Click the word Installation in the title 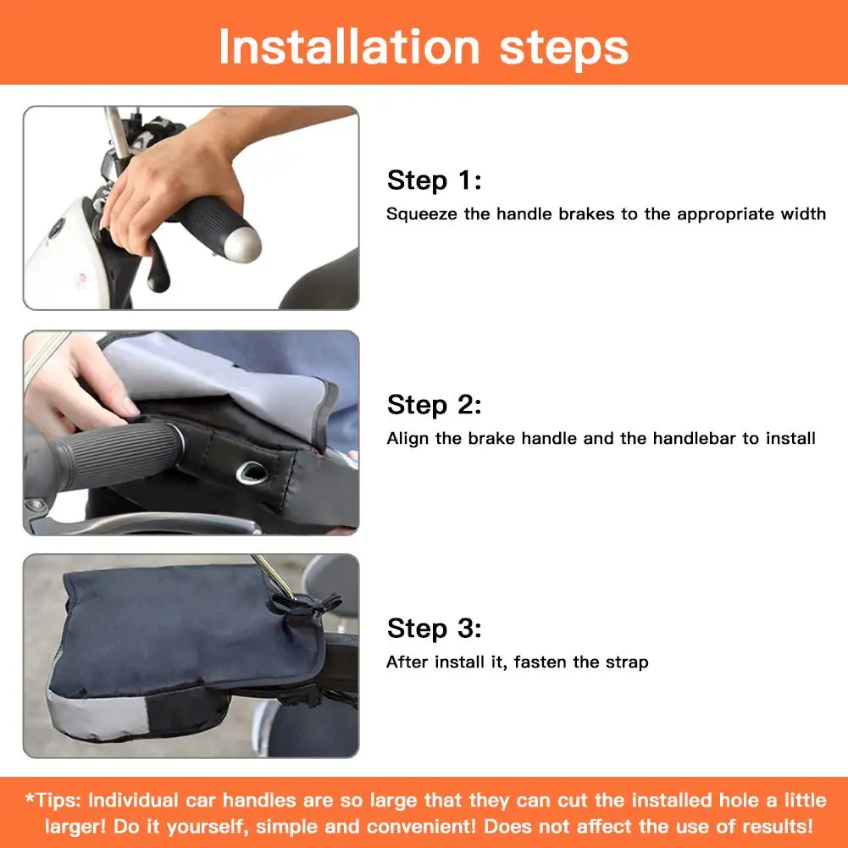[x=349, y=47]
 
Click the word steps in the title [x=564, y=49]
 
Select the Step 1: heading [x=434, y=180]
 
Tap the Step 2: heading [x=434, y=405]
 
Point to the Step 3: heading [x=434, y=629]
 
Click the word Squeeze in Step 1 [x=421, y=214]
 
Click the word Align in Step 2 [x=407, y=439]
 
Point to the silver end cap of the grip [x=246, y=245]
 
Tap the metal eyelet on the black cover [x=252, y=473]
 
